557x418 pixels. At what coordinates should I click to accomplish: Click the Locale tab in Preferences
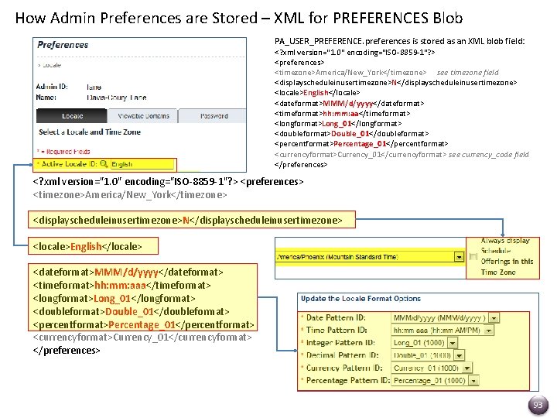[73, 116]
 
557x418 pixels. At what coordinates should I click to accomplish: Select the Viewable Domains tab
[143, 116]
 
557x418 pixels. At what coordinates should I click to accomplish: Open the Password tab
[214, 116]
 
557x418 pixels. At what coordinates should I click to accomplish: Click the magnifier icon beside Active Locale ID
[105, 164]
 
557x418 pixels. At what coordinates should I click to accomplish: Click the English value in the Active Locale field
[122, 164]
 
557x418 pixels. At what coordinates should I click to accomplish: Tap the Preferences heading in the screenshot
[63, 45]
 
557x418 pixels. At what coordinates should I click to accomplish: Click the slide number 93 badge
[538, 404]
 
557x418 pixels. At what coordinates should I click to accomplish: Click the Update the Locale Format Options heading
[361, 299]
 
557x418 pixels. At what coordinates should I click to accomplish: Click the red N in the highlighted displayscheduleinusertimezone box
[186, 221]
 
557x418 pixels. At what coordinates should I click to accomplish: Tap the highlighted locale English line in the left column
[87, 246]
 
